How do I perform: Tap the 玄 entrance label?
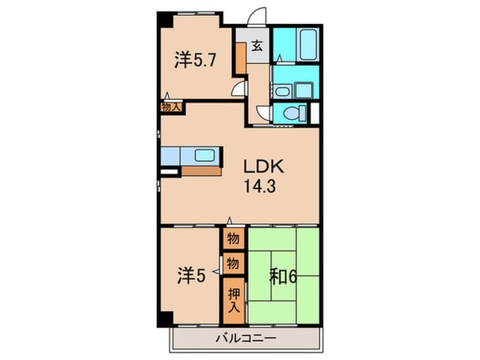point(258,45)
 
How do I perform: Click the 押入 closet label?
point(234,301)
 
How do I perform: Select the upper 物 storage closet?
point(233,238)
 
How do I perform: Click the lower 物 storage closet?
point(233,262)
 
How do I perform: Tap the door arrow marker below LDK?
point(230,222)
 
